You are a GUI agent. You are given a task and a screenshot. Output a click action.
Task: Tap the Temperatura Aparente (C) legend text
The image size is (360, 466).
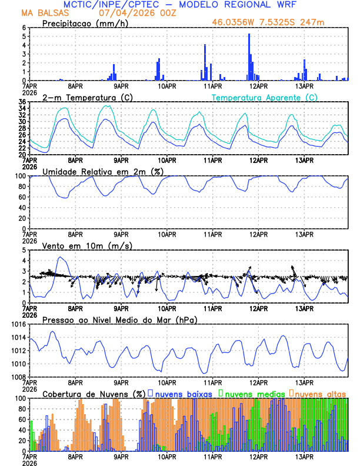pyautogui.click(x=264, y=97)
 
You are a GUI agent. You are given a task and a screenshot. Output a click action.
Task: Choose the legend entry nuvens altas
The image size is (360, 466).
pyautogui.click(x=321, y=393)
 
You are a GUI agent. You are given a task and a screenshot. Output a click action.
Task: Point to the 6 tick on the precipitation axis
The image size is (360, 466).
pyautogui.click(x=24, y=28)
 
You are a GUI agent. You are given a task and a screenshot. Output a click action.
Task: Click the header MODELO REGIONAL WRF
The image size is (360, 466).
pyautogui.click(x=254, y=4)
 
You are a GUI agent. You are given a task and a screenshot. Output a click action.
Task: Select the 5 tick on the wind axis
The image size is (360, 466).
pyautogui.click(x=24, y=250)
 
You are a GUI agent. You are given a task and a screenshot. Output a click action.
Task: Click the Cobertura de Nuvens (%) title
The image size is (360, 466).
pyautogui.click(x=94, y=394)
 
